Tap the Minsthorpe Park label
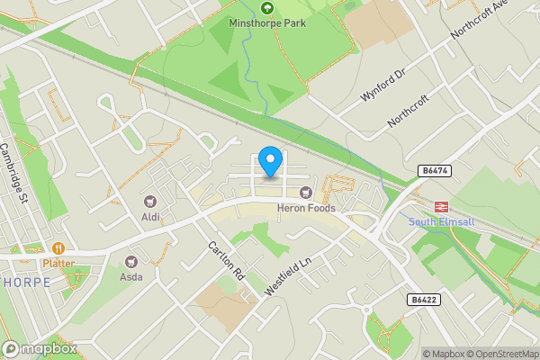click(266, 25)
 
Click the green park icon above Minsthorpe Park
click(266, 9)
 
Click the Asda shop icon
click(131, 261)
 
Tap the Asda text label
click(131, 277)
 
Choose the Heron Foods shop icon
click(306, 192)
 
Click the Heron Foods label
click(306, 209)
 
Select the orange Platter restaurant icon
click(58, 247)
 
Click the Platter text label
click(58, 264)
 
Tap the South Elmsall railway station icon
click(441, 205)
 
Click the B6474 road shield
click(435, 169)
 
